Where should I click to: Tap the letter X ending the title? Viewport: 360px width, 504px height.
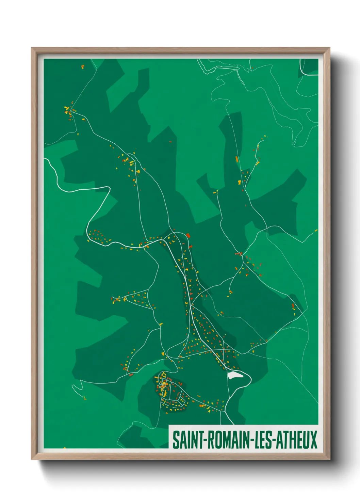[313, 440]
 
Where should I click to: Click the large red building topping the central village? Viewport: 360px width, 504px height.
[188, 235]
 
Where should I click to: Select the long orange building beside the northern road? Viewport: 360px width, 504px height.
[237, 159]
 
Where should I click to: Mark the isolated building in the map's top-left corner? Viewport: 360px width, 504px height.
[82, 67]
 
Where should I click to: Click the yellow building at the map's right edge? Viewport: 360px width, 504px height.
[316, 231]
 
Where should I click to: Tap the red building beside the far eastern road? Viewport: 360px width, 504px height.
[293, 305]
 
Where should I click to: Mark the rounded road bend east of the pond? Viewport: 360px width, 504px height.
[250, 377]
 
